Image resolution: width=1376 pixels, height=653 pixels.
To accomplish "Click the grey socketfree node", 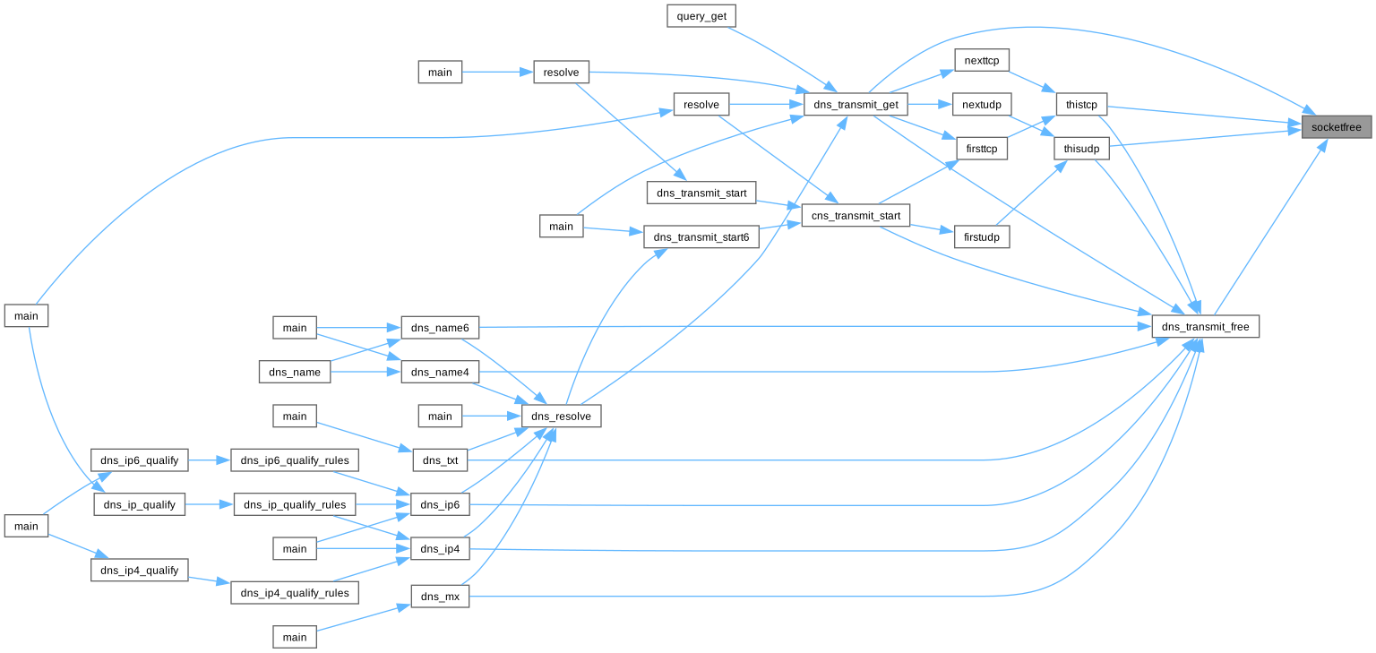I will tap(1336, 127).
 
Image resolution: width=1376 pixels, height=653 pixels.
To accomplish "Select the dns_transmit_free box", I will tap(1205, 327).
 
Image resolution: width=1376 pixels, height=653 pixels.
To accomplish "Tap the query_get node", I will tap(701, 15).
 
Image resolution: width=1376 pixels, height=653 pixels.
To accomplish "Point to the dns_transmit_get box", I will tap(856, 105).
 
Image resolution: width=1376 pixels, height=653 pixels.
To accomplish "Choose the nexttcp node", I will tap(982, 60).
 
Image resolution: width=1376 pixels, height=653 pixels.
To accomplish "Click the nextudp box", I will tap(980, 105).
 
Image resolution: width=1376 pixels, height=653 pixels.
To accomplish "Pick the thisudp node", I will tap(1081, 149).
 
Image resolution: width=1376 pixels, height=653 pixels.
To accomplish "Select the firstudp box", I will tap(982, 236).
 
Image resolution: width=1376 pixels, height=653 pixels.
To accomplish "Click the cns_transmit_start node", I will tap(855, 215).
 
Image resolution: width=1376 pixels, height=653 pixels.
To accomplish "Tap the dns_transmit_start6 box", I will tap(701, 237).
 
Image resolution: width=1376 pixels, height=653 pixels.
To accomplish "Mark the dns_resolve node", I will tap(561, 416).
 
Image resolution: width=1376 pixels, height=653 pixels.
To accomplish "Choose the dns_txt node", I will tap(440, 460).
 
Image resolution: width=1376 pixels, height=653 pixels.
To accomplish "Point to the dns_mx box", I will tap(440, 597).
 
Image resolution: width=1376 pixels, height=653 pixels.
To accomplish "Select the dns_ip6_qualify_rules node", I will tap(295, 460).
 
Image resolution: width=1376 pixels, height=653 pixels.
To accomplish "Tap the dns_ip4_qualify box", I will tap(139, 570).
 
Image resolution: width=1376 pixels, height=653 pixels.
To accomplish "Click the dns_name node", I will tap(295, 371).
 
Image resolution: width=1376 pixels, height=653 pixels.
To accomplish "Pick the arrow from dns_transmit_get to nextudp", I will tap(931, 105).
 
